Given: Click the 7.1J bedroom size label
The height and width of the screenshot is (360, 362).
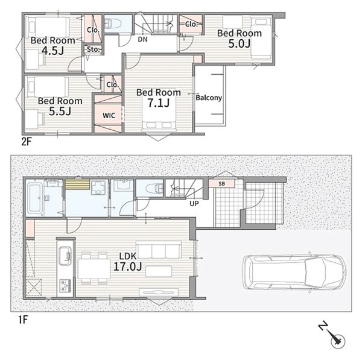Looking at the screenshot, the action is (x=159, y=103).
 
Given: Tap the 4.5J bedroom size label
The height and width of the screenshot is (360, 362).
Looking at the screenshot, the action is (x=53, y=51).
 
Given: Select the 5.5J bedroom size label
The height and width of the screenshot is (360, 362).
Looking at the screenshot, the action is (x=60, y=111).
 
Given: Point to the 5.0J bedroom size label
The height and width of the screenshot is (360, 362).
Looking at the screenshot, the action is (x=240, y=43).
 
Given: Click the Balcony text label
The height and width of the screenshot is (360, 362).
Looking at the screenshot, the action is (x=209, y=98).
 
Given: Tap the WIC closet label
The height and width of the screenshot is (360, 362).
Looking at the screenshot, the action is (x=109, y=115).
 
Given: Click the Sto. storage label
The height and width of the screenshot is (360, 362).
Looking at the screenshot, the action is (x=94, y=49).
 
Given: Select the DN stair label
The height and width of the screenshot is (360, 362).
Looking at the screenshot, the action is (x=142, y=39).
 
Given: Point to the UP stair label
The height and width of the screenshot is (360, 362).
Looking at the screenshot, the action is (x=194, y=204).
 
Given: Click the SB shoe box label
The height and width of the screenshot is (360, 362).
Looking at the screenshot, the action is (x=221, y=184).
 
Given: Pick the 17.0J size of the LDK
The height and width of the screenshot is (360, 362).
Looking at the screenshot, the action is (x=128, y=267).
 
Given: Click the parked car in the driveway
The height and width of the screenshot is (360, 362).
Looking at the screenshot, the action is (x=294, y=273).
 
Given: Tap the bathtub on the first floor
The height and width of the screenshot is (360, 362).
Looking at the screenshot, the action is (x=35, y=198).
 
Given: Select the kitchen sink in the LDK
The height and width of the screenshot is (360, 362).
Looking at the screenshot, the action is (x=66, y=256).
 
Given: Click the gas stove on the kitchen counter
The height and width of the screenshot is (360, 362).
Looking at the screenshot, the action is (x=66, y=286).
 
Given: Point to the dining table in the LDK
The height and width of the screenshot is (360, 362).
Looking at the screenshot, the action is (x=94, y=269).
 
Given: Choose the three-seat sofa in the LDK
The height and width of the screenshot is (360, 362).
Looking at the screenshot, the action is (x=159, y=250).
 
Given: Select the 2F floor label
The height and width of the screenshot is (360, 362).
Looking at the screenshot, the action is (x=26, y=142).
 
